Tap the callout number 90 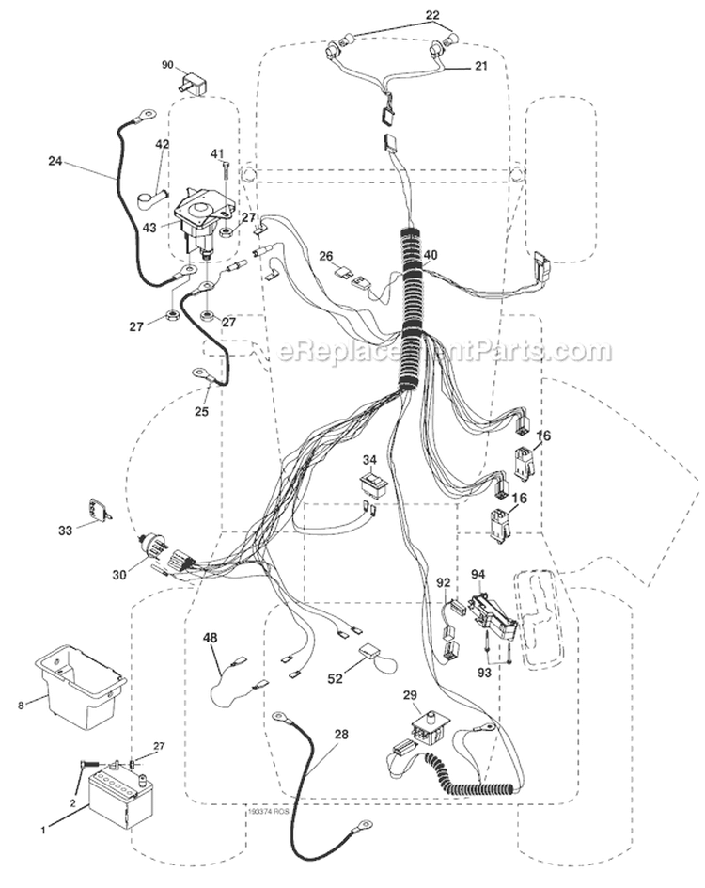(168, 65)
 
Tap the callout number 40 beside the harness (431, 255)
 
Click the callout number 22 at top (459, 15)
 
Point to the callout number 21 (480, 66)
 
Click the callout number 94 (477, 574)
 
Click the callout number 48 (211, 638)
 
